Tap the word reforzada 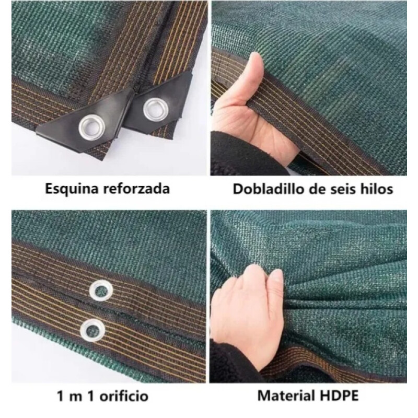[136, 189]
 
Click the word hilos [377, 189]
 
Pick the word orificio [124, 396]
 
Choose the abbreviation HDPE [338, 396]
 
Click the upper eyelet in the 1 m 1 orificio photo [101, 291]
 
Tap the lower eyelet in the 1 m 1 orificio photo [92, 330]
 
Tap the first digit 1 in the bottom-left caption [61, 396]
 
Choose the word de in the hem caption [316, 189]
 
